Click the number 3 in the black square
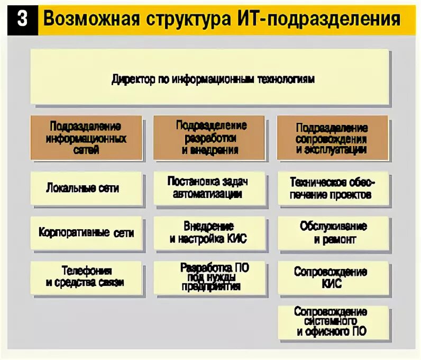pyautogui.click(x=23, y=19)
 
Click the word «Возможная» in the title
pyautogui.click(x=90, y=20)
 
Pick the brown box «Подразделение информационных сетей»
pyautogui.click(x=86, y=138)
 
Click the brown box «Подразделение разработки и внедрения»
pyautogui.click(x=210, y=138)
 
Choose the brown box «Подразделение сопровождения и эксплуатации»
pyautogui.click(x=333, y=138)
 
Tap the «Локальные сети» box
pyautogui.click(x=86, y=188)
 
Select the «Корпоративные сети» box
pyautogui.click(x=86, y=233)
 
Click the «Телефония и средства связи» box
pyautogui.click(x=86, y=277)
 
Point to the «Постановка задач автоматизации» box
pyautogui.click(x=210, y=188)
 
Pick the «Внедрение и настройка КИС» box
pyautogui.click(x=210, y=233)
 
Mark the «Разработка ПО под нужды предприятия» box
pyautogui.click(x=210, y=277)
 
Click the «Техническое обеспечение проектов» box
pyautogui.click(x=333, y=188)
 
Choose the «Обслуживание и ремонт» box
pyautogui.click(x=333, y=233)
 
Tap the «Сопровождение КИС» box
pyautogui.click(x=333, y=277)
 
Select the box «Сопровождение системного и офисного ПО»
pyautogui.click(x=333, y=322)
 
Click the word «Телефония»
pyautogui.click(x=86, y=271)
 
